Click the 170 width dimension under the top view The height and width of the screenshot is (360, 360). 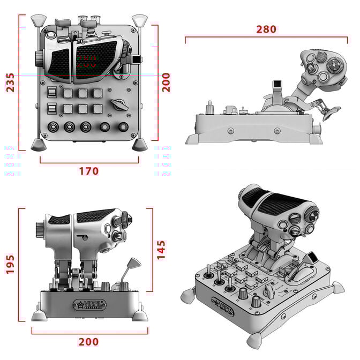(x=89, y=171)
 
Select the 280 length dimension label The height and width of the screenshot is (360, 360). (x=266, y=29)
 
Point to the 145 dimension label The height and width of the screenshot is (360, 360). (x=161, y=250)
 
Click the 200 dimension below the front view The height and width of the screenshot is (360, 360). (x=89, y=341)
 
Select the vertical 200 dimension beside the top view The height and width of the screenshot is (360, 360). (x=167, y=82)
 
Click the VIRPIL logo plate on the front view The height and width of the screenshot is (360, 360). (x=89, y=305)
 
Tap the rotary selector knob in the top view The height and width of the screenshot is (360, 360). (x=118, y=104)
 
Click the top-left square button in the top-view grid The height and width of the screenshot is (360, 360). (x=68, y=93)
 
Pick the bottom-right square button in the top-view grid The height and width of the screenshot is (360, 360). (x=97, y=109)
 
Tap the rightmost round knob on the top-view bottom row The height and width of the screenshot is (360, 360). (x=124, y=127)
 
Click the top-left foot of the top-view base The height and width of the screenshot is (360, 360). (x=37, y=21)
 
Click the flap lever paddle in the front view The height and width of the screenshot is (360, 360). (x=132, y=264)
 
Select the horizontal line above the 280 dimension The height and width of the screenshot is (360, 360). (x=266, y=37)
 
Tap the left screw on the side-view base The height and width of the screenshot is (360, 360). (x=231, y=130)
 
